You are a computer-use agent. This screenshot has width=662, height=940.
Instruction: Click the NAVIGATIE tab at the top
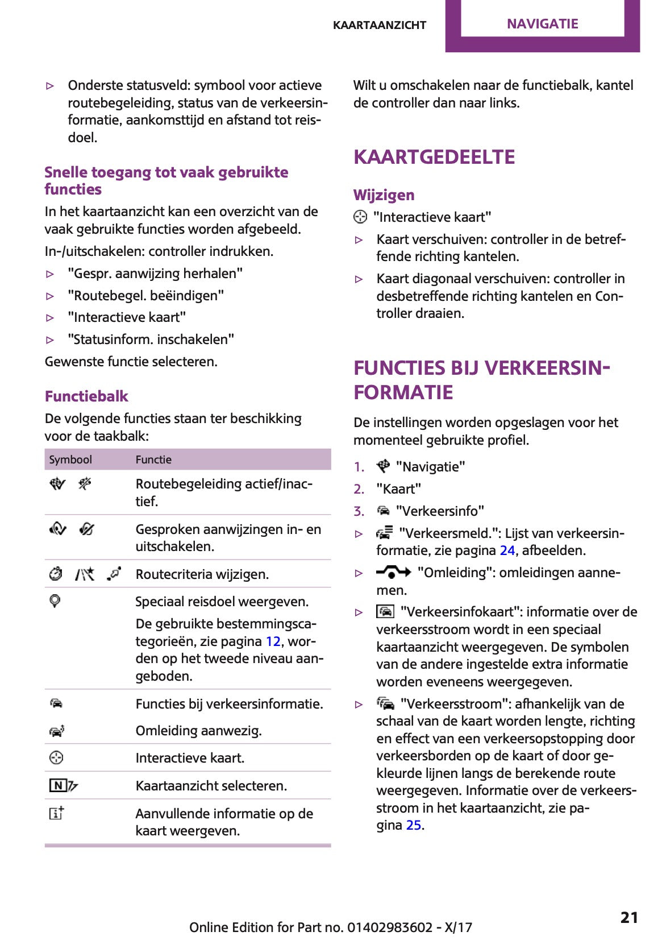[x=542, y=24]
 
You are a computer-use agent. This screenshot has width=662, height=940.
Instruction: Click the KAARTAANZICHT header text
[x=379, y=25]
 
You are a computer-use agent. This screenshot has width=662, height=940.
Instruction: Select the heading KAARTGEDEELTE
[x=434, y=157]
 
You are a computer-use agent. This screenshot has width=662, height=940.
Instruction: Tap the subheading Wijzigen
[x=384, y=195]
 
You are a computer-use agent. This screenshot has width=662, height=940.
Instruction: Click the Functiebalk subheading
[x=86, y=396]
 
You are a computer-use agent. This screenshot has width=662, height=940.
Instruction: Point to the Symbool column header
[x=70, y=459]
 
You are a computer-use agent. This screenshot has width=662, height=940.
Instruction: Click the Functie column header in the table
[x=153, y=459]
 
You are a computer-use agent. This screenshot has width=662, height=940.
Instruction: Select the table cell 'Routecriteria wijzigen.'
[x=202, y=574]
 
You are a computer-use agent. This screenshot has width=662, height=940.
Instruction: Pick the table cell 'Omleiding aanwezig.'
[x=198, y=731]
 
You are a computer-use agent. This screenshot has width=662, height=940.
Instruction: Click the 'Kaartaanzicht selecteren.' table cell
[x=211, y=786]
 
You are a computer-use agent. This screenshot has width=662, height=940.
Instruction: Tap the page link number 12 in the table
[x=273, y=641]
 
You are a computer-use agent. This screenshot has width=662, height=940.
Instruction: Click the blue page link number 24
[x=507, y=550]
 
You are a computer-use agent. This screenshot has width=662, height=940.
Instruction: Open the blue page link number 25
[x=414, y=825]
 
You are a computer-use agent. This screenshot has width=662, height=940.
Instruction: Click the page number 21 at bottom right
[x=629, y=917]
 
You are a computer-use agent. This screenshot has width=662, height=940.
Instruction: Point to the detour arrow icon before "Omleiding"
[x=393, y=572]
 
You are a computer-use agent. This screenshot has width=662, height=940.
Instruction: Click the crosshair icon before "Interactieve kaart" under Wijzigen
[x=360, y=217]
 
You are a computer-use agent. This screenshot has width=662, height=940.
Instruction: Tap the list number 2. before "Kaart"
[x=359, y=489]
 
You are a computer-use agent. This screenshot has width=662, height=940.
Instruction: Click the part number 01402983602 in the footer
[x=389, y=927]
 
